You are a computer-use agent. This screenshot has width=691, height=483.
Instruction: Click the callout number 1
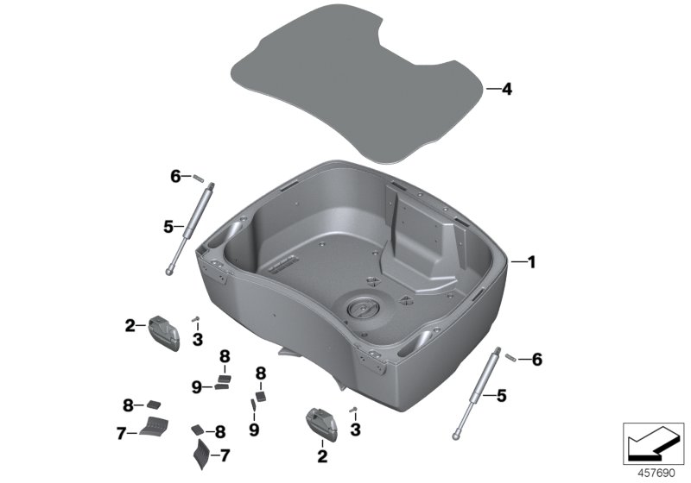point(531,262)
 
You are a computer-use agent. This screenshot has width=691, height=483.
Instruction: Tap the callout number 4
point(507,90)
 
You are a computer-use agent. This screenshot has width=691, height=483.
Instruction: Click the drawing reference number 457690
point(656,474)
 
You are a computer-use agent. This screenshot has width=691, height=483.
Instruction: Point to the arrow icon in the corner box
point(653,444)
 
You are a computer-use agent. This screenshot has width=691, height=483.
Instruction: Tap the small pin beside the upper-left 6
point(198,178)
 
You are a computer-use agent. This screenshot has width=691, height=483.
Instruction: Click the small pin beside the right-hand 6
point(511,357)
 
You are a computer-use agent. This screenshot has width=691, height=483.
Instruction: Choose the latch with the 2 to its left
point(164,333)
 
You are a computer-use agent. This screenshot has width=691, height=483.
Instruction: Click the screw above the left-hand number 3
point(196,319)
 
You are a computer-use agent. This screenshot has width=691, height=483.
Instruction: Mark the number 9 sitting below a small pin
point(254,430)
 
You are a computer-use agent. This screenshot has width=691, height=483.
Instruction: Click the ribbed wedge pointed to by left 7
point(155,425)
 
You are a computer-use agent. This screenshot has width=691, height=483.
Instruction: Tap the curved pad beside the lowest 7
point(202,454)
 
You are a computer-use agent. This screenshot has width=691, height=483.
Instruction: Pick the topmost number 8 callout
point(225,356)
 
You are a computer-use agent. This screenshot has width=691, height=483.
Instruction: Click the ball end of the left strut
point(169,273)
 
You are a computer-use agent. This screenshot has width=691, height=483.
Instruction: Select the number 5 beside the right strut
point(502,396)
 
